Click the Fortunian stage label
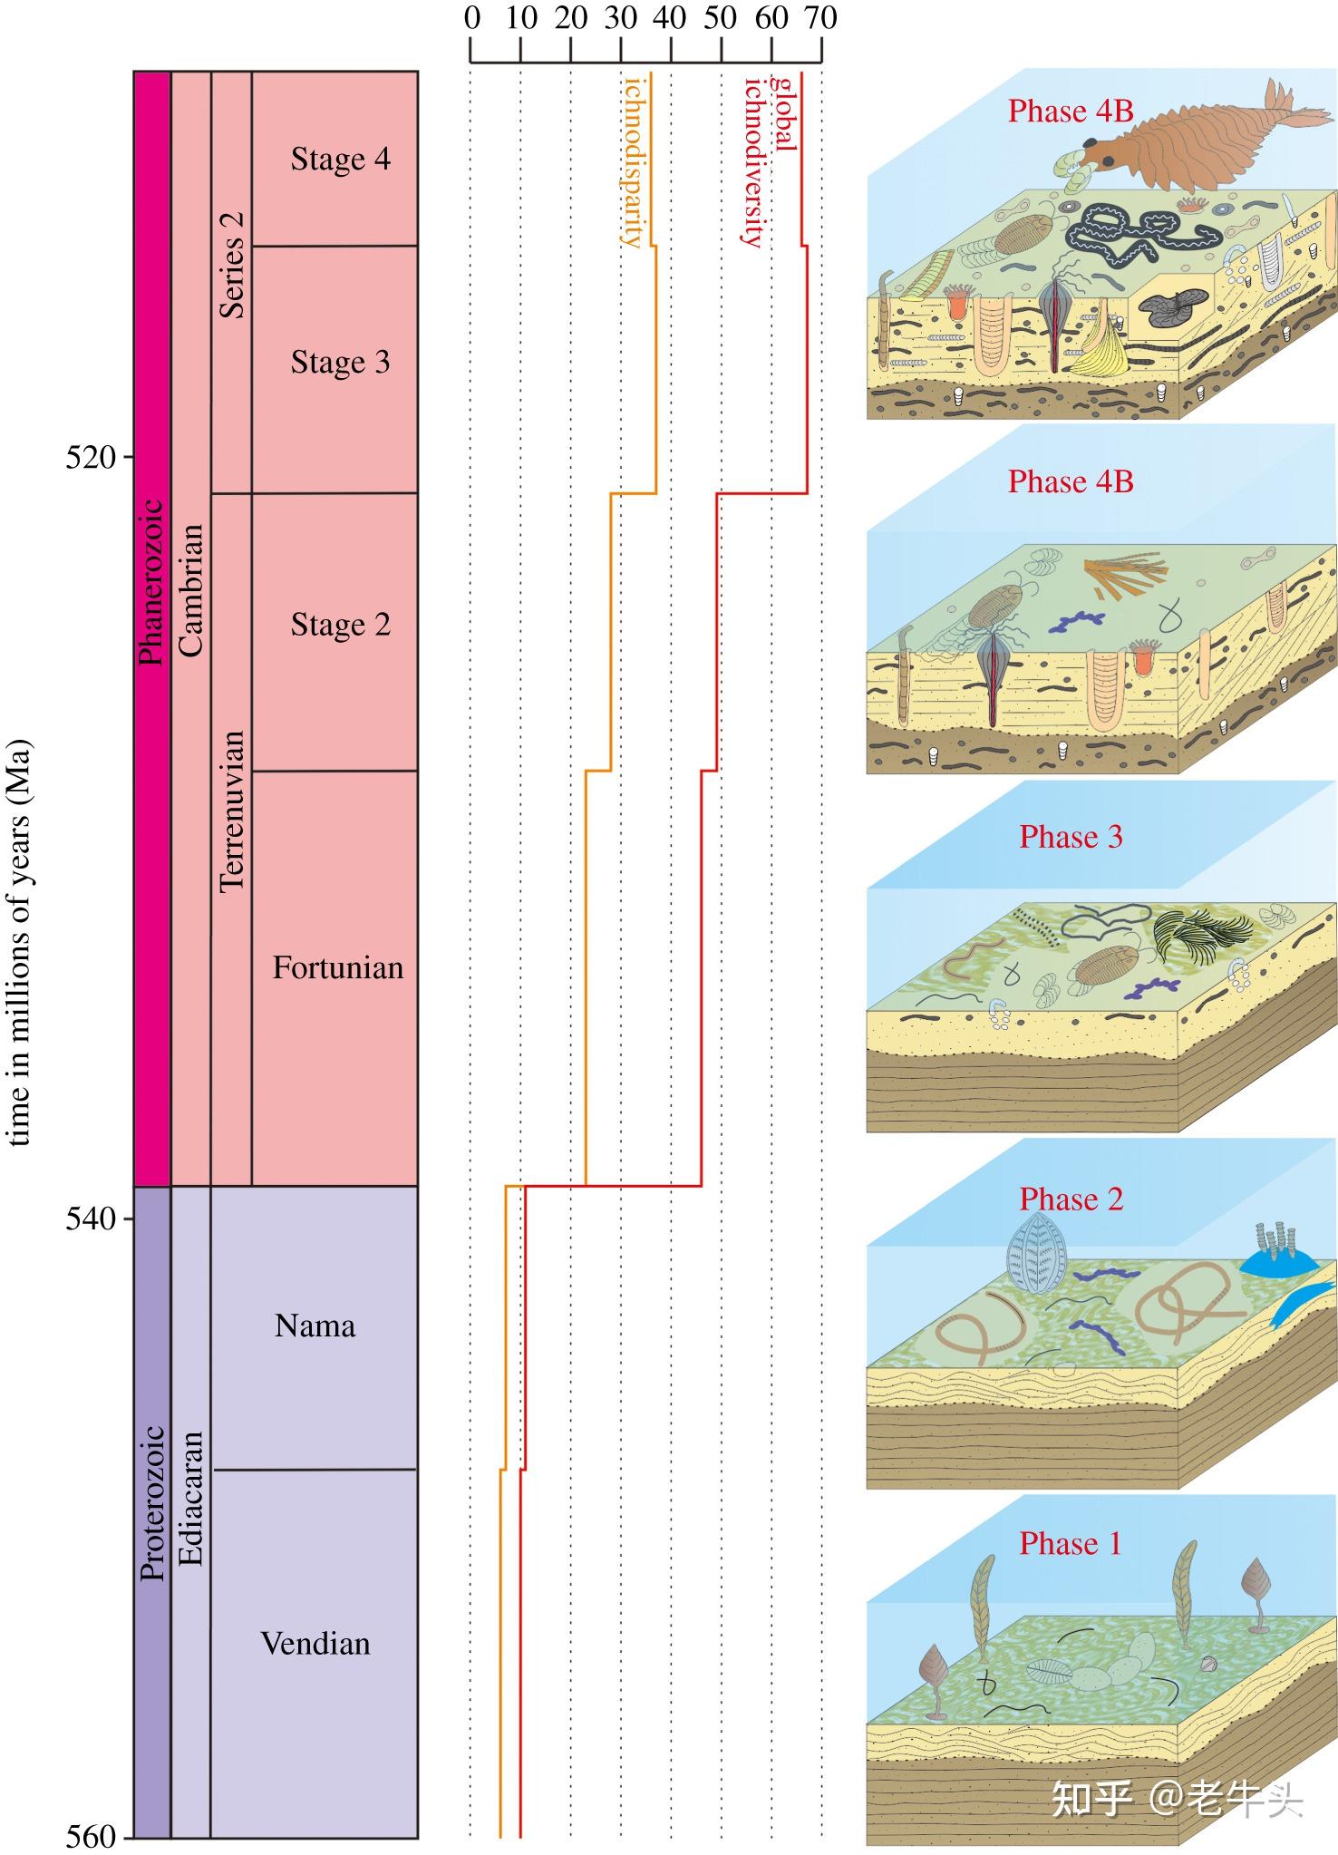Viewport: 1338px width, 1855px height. coord(337,968)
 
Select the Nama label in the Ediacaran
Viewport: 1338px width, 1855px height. coord(315,1326)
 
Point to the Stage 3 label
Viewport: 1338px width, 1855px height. coord(340,362)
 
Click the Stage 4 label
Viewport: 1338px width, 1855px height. coord(340,159)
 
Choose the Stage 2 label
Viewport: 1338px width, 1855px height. coord(340,625)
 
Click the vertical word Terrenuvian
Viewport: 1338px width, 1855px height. coord(232,811)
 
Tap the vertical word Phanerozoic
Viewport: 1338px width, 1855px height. coord(152,582)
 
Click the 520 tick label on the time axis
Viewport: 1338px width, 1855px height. coord(91,457)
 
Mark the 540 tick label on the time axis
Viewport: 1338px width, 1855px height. coord(91,1219)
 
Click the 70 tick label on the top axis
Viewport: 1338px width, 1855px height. coord(821,18)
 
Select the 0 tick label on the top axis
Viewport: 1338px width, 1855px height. coord(471,18)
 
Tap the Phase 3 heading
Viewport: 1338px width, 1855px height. coord(1071,837)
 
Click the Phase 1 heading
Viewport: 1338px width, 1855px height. coord(1070,1543)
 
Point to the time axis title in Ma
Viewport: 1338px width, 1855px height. coord(20,943)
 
